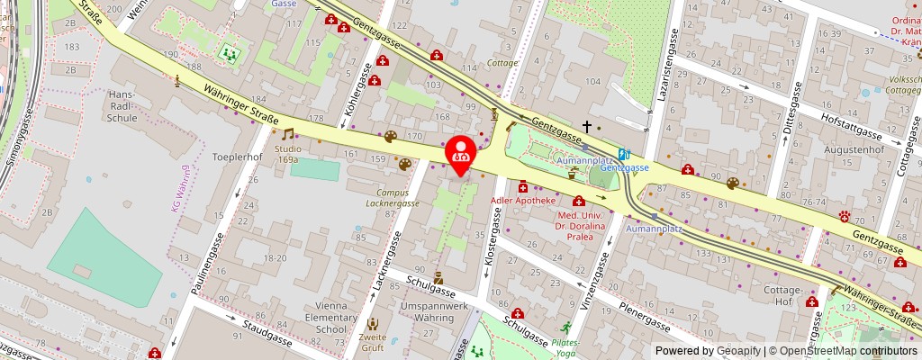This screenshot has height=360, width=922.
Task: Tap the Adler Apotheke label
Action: [523, 200]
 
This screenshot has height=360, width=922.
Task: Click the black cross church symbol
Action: [587, 127]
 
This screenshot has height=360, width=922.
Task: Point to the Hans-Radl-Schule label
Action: [122, 105]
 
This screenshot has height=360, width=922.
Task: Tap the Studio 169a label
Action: [287, 154]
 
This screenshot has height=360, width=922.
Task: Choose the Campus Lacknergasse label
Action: [398, 198]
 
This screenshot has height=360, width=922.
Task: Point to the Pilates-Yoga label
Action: [565, 347]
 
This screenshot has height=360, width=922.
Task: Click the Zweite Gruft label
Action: [372, 343]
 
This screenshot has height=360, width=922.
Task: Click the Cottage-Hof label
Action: [782, 295]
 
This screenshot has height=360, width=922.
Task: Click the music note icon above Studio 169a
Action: [288, 133]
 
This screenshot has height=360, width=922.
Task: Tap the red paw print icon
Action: [845, 216]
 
